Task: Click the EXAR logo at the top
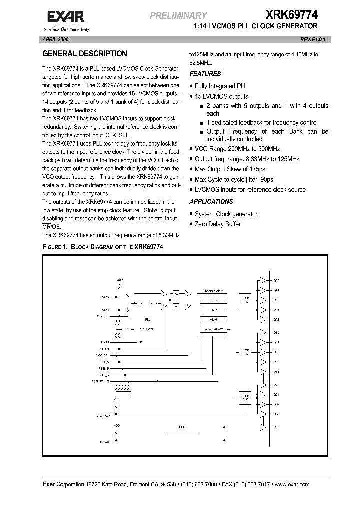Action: (x=65, y=18)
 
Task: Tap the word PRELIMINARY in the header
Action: (x=179, y=16)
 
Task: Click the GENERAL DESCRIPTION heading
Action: (x=84, y=54)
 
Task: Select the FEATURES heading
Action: (x=205, y=74)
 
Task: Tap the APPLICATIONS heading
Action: (x=211, y=202)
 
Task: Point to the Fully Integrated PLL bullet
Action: (x=221, y=86)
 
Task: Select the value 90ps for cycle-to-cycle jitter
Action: (x=267, y=179)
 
